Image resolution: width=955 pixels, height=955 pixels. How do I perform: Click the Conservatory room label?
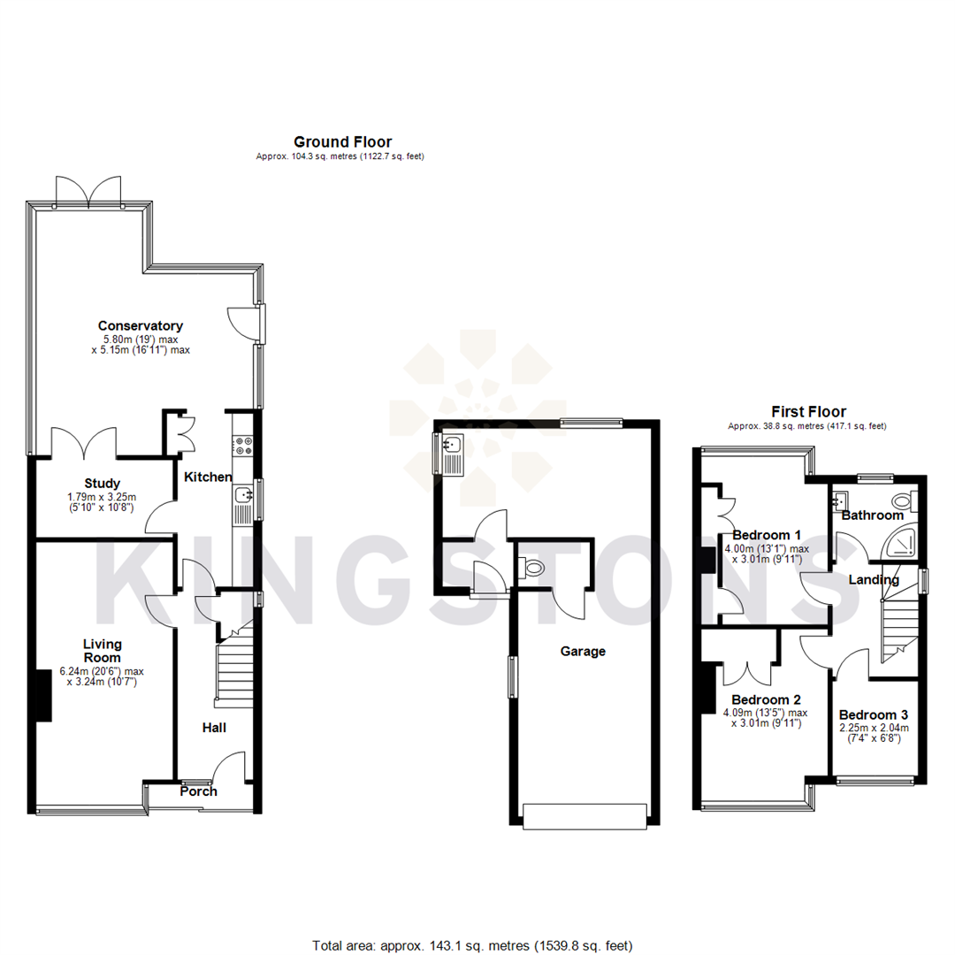140,325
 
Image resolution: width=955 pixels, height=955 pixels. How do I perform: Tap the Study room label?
102,483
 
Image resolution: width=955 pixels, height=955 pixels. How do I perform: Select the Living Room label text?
103,651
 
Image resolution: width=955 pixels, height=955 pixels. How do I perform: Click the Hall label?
213,728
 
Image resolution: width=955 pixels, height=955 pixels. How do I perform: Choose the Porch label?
198,791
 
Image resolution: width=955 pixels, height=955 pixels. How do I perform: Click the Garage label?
583,652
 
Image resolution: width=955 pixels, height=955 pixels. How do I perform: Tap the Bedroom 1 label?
767,535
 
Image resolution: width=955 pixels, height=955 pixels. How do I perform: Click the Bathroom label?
872,515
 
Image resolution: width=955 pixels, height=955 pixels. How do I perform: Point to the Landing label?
873,580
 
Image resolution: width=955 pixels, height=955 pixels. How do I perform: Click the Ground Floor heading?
342,141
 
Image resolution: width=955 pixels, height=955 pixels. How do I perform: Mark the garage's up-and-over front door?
584,816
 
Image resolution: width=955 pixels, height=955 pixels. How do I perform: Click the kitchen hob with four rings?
243,447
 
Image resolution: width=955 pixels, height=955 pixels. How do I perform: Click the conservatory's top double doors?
88,188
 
